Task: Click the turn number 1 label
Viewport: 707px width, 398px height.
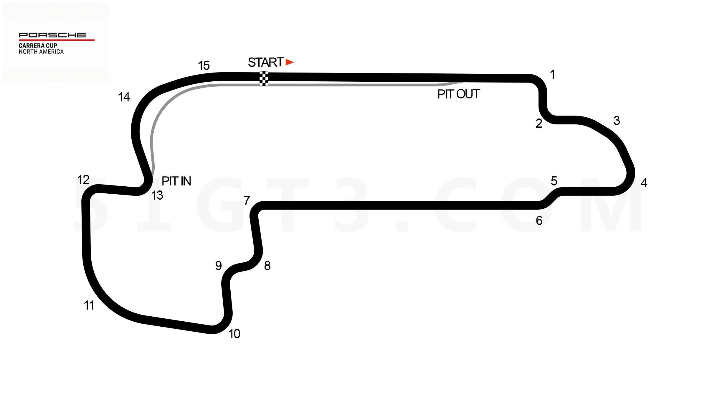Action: coord(553,75)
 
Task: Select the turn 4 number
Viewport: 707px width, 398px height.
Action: coord(644,183)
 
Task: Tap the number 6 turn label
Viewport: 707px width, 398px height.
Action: coord(539,221)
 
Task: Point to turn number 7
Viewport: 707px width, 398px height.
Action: coord(247,201)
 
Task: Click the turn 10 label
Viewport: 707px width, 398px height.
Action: coord(234,334)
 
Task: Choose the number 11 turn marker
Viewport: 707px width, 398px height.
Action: coord(89,305)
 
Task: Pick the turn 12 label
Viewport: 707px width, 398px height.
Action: coord(83,180)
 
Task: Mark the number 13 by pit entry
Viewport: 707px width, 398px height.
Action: coord(157,195)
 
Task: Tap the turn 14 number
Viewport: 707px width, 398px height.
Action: coord(124,97)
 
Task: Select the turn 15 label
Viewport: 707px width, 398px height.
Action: coord(204,65)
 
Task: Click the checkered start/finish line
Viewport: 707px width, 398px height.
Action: coord(264,79)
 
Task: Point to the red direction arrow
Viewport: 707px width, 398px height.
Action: coord(290,62)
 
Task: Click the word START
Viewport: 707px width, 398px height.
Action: coord(266,63)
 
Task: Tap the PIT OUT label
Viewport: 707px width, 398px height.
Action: coord(459,94)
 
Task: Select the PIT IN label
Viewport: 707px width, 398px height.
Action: coord(176,181)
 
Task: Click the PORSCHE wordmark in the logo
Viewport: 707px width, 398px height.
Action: coord(53,35)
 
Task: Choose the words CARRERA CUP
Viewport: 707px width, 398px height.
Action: coord(38,45)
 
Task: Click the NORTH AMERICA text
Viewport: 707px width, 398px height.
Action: coord(41,52)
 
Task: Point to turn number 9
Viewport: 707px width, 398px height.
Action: coord(218,266)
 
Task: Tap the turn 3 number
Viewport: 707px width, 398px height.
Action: coord(617,121)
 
